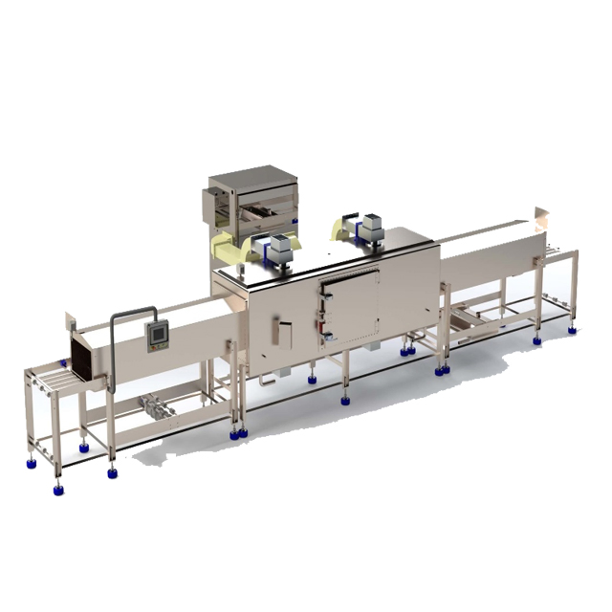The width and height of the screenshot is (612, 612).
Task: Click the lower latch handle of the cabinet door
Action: [329, 335]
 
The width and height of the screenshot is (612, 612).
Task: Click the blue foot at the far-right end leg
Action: [571, 329]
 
